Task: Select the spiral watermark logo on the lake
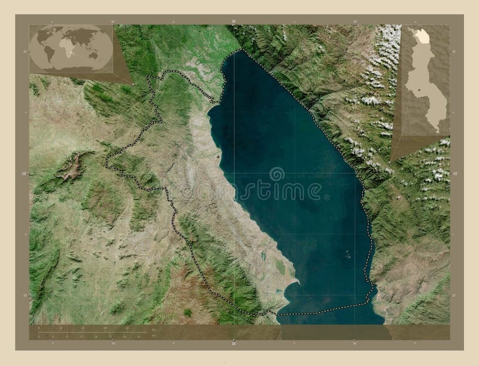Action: (277, 174)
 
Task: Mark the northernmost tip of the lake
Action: (242, 51)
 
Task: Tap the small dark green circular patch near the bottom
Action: (187, 312)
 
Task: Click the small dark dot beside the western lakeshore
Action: (218, 157)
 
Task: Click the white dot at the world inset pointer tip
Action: (132, 83)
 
